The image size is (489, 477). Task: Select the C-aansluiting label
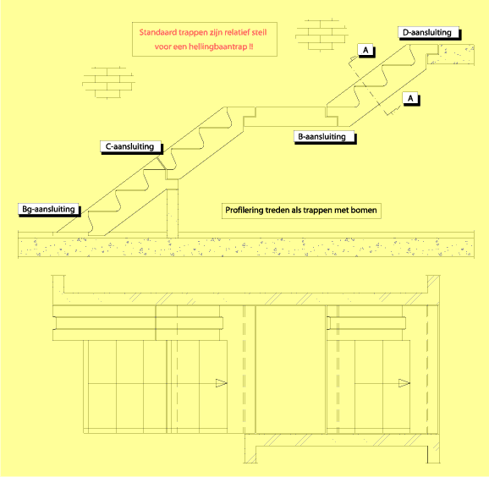[x=131, y=147]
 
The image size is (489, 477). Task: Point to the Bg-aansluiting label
[x=49, y=210]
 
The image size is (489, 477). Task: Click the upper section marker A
[x=366, y=51]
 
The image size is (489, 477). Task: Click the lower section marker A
[x=411, y=99]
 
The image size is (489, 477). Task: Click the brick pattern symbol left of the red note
[x=108, y=83]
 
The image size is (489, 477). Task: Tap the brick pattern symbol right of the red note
[x=321, y=35]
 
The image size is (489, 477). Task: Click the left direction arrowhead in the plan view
[x=222, y=383]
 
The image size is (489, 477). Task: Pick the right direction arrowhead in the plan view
[x=404, y=383]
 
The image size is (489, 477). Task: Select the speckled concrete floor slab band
[x=246, y=248]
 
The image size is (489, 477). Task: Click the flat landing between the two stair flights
[x=290, y=117]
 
